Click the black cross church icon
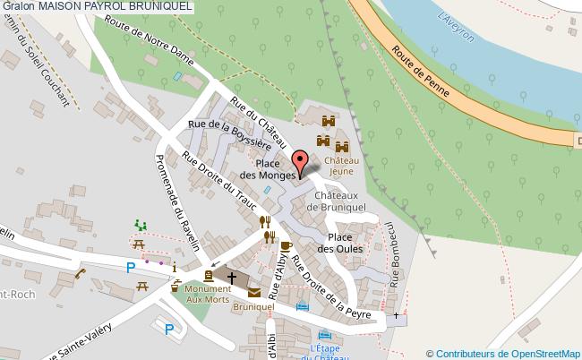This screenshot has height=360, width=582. [x=231, y=278]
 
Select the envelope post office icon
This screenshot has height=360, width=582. [x=254, y=292]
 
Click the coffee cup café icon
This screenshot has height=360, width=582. [x=286, y=245]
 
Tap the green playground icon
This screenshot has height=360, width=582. [x=139, y=223]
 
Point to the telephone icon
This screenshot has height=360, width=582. [x=79, y=274]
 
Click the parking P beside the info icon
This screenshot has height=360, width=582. [x=131, y=267]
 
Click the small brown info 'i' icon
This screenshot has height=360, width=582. [x=175, y=268]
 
